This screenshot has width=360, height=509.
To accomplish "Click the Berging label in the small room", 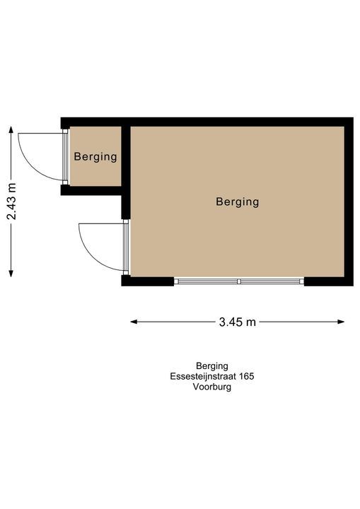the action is pyautogui.click(x=95, y=157).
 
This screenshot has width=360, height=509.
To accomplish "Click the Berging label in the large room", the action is pyautogui.click(x=238, y=202).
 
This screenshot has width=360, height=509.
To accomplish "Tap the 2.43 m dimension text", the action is pyautogui.click(x=12, y=201).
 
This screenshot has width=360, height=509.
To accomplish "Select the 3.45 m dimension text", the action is pyautogui.click(x=238, y=322).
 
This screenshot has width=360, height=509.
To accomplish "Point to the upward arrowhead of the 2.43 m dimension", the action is pyautogui.click(x=11, y=129).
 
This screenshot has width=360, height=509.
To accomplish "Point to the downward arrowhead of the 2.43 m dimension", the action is pyautogui.click(x=11, y=274).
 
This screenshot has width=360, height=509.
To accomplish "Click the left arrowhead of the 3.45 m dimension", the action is pyautogui.click(x=134, y=322).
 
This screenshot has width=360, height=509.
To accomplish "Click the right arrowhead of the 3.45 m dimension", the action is pyautogui.click(x=341, y=322).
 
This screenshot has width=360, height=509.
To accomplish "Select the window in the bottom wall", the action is pyautogui.click(x=239, y=281).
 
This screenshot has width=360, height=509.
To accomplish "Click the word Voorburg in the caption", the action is pyautogui.click(x=212, y=387).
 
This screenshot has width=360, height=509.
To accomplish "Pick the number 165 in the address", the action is pyautogui.click(x=247, y=377).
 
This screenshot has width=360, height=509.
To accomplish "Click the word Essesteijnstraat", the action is pyautogui.click(x=204, y=377).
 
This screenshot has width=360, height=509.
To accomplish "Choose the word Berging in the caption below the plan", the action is pyautogui.click(x=212, y=366).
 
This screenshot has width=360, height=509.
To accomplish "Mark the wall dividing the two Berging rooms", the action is pyautogui.click(x=126, y=172).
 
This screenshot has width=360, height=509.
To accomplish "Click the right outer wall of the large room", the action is pyautogui.click(x=349, y=201).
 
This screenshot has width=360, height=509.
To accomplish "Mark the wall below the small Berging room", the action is pyautogui.click(x=91, y=191).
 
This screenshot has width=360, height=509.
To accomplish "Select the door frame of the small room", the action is pyautogui.click(x=65, y=157).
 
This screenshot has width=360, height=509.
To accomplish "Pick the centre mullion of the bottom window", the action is pyautogui.click(x=239, y=281).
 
